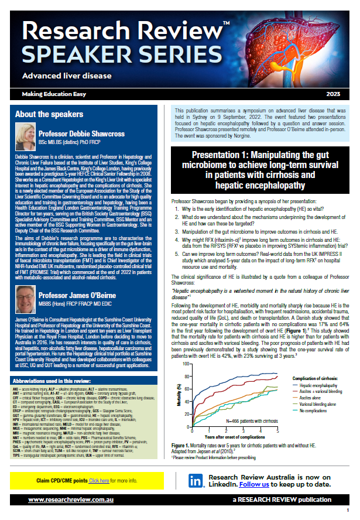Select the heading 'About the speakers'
pyautogui.click(x=49, y=114)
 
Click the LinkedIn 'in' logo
pyautogui.click(x=195, y=481)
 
